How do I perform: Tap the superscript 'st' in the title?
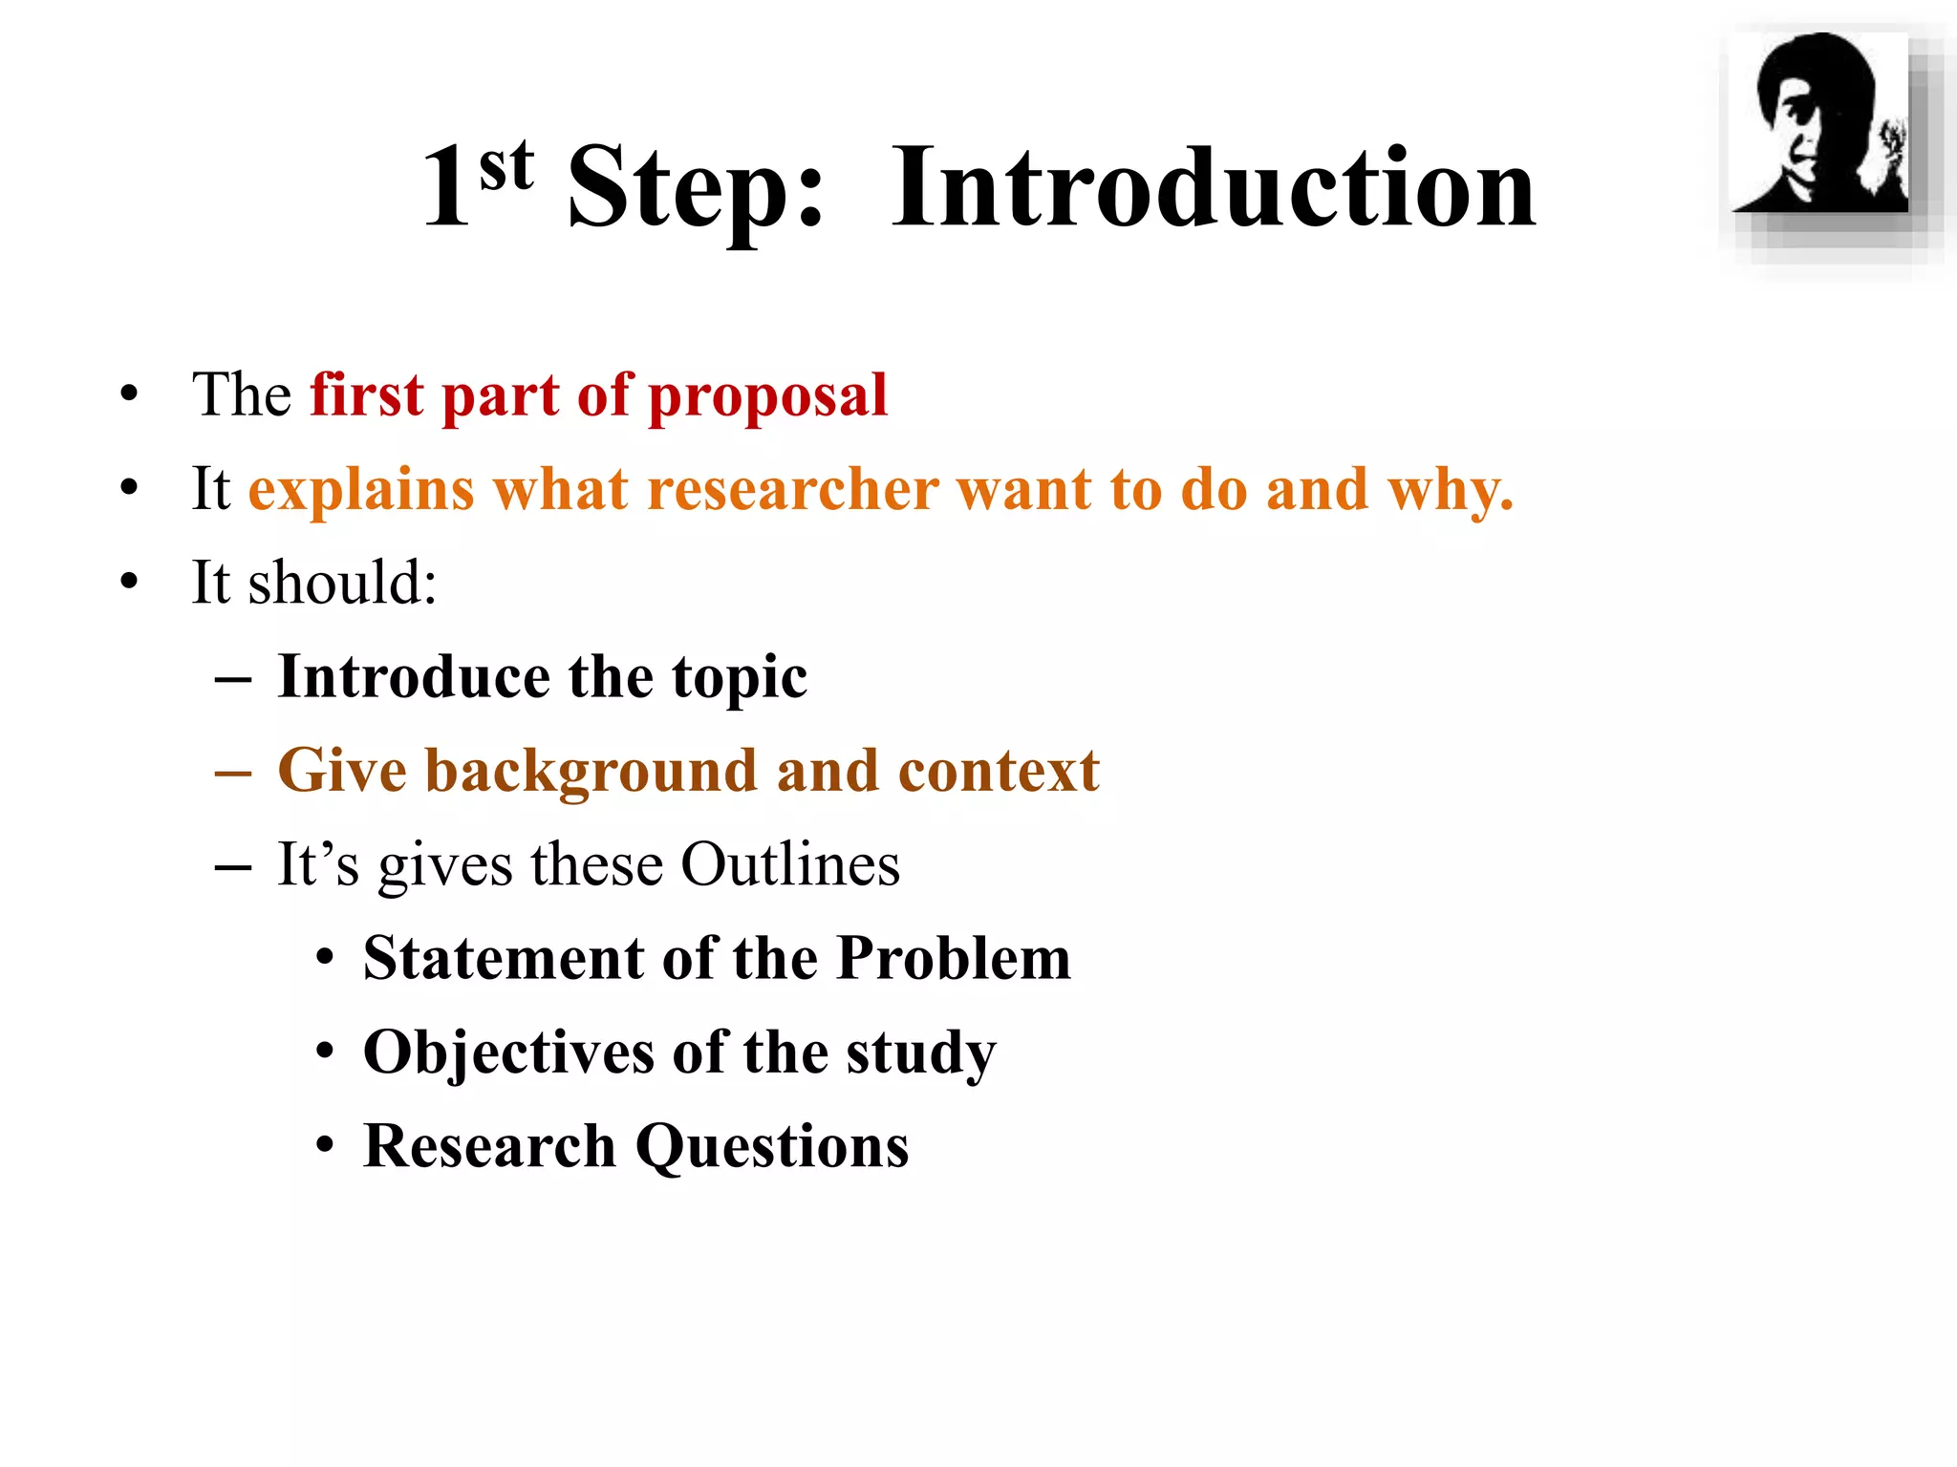coord(506,166)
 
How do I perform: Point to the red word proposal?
coord(768,395)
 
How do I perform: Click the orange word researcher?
coord(793,489)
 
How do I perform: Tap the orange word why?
coord(1451,489)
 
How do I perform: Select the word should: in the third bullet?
coord(342,582)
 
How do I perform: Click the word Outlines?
coord(789,864)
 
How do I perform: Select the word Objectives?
coord(507,1052)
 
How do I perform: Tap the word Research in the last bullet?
coord(489,1146)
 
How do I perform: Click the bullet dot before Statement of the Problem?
coord(326,958)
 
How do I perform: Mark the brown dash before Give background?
coord(233,772)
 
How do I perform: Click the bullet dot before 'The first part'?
coord(129,394)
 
